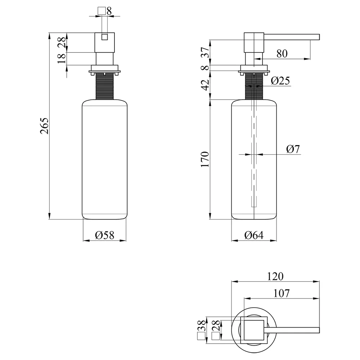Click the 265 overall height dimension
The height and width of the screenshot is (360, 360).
click(44, 126)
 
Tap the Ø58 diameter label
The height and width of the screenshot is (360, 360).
click(104, 235)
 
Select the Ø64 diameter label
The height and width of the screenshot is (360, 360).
click(254, 235)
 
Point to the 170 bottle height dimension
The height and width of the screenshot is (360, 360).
click(205, 159)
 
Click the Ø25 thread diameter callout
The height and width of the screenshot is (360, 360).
click(280, 81)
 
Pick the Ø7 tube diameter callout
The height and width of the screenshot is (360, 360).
click(293, 149)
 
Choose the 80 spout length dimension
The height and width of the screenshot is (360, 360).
click(282, 54)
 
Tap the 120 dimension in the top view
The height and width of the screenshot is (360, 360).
click(275, 276)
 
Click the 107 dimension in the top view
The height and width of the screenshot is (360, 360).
click(282, 293)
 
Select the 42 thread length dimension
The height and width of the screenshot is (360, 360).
click(205, 85)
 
